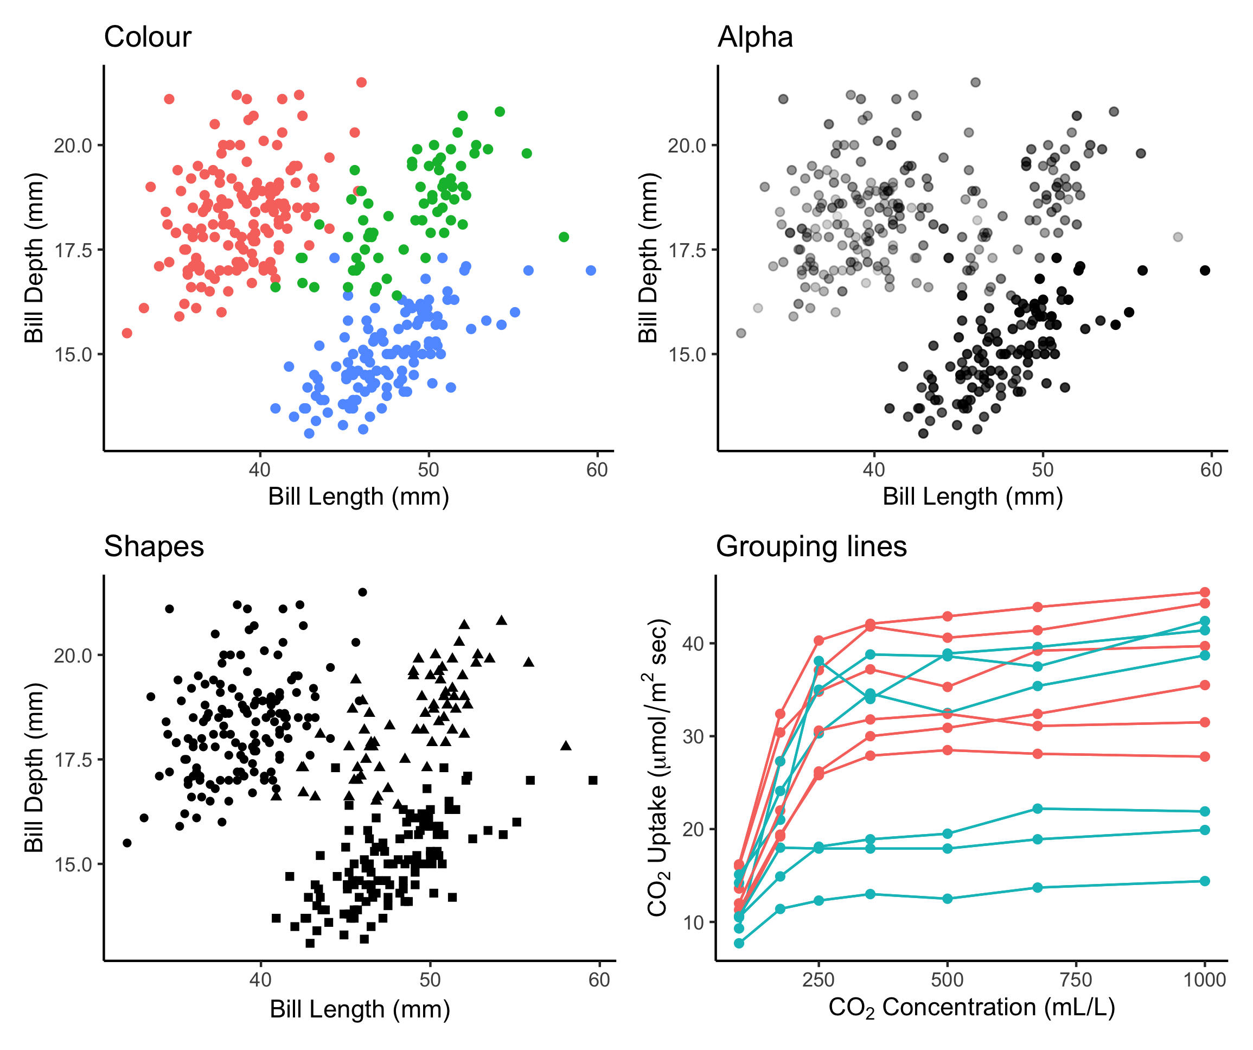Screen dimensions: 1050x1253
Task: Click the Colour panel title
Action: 148,37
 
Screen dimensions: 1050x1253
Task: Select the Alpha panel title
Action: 755,37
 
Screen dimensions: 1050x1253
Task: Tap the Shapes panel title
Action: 154,547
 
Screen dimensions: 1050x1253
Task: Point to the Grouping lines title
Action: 811,547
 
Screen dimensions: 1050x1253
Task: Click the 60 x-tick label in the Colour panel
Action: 597,470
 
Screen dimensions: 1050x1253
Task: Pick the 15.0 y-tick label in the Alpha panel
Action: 687,354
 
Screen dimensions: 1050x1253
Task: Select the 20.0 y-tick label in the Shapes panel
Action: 73,656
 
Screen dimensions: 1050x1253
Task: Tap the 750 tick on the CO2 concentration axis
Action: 1075,980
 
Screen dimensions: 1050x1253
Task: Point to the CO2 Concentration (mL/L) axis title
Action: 971,1008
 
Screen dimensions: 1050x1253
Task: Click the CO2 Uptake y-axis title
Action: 658,767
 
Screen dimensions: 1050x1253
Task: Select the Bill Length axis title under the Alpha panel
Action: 973,497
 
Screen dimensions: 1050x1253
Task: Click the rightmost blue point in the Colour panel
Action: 591,270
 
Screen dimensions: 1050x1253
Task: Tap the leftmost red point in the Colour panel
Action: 127,333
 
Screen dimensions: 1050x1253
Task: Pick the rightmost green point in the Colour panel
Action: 564,237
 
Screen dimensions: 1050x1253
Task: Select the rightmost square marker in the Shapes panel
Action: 592,780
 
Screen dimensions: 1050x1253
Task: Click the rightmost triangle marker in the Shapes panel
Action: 566,746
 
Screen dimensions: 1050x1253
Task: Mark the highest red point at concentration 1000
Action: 1205,592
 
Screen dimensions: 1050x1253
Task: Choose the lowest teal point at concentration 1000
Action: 1205,881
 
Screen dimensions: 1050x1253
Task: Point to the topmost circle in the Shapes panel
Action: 362,592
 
